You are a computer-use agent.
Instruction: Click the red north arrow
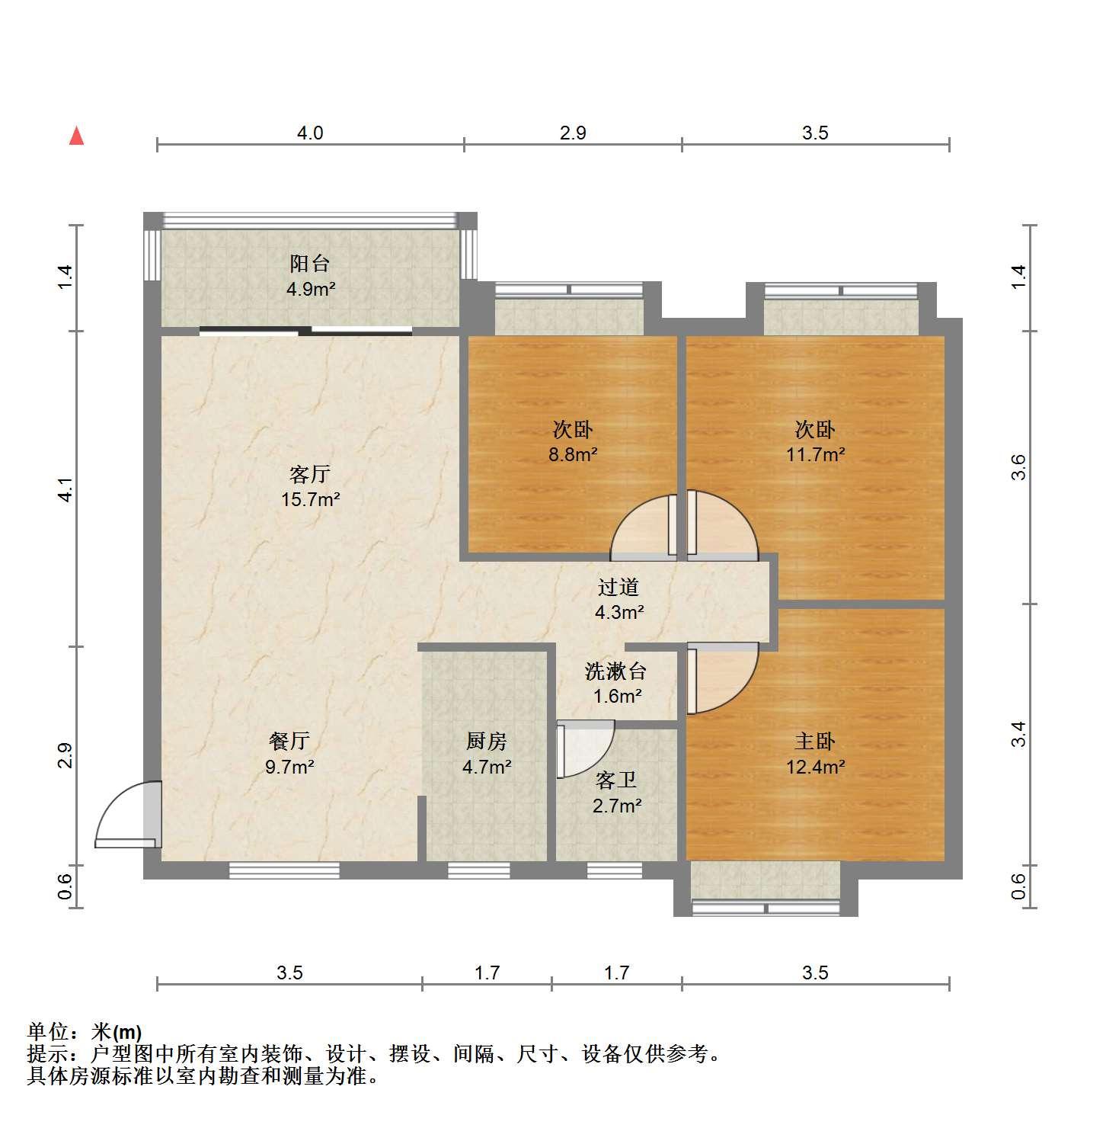tap(76, 136)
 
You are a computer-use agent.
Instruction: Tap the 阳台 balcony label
tap(310, 264)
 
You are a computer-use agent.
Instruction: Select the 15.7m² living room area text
tap(310, 500)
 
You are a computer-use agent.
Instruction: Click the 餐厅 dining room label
tap(289, 741)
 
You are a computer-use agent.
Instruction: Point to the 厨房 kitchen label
tap(487, 741)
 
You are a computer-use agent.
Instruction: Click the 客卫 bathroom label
tap(616, 780)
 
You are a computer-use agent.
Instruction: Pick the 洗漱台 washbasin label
tap(616, 671)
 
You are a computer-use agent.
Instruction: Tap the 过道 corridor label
tap(618, 588)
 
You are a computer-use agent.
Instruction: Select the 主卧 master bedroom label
tap(815, 741)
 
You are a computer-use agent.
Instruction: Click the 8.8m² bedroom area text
tap(573, 455)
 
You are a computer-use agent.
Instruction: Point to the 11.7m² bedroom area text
tap(815, 455)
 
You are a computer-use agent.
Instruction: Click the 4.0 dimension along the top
tap(310, 133)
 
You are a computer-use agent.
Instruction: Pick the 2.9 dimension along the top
tap(573, 133)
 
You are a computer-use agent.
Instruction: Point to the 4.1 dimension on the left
tap(66, 489)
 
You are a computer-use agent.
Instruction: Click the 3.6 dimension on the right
tap(1019, 467)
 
